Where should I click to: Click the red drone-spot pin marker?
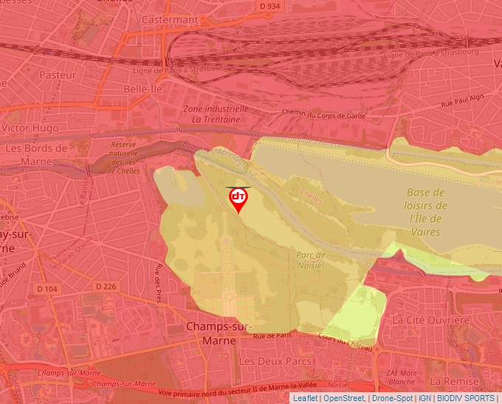point(238,199)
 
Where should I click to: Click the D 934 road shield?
point(271,7)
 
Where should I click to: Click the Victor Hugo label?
point(30,128)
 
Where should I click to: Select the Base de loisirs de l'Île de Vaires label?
point(427,212)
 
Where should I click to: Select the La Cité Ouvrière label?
point(431,321)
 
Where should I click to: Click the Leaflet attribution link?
point(305,398)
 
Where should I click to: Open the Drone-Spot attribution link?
point(392,398)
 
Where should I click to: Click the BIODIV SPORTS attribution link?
point(466,398)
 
